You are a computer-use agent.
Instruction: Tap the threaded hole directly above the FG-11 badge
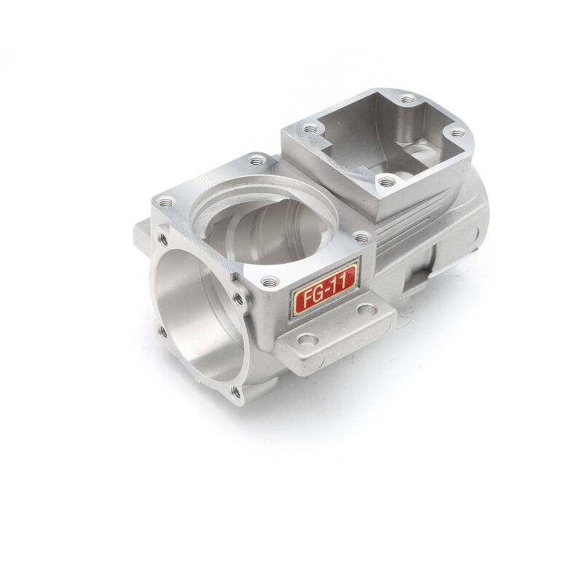point(270,281)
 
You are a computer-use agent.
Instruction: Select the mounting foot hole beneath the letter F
point(307,340)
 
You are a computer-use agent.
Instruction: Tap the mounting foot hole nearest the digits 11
point(367,310)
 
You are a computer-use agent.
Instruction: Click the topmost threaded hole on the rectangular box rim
point(407,98)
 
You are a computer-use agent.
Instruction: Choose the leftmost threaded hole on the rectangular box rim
point(311,129)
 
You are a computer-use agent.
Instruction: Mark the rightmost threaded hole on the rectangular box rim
point(457,133)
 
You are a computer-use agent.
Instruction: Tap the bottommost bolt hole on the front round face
point(235,392)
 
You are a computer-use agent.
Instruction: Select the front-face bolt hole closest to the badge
point(238,298)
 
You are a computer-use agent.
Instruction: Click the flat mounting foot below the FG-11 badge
point(335,335)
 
